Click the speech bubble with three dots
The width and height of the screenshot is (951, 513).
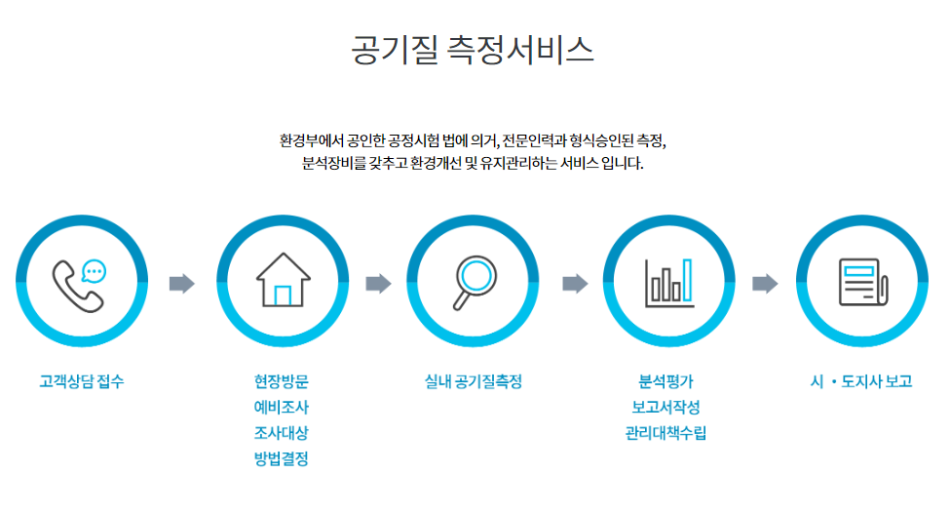(95, 270)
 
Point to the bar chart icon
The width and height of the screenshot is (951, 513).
(668, 282)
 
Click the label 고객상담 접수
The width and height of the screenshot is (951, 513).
(82, 382)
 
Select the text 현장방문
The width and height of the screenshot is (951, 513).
(281, 382)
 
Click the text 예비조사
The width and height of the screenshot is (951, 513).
(281, 408)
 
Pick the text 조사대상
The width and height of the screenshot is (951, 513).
(281, 433)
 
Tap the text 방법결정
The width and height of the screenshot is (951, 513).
(281, 458)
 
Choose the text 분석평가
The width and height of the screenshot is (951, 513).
(666, 382)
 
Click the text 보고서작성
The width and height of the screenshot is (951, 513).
(666, 408)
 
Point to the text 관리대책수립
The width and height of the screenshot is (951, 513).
(666, 433)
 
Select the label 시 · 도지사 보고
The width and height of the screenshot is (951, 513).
(861, 382)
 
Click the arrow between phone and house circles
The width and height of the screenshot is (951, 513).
(181, 284)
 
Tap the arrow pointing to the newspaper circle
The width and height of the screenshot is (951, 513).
(766, 284)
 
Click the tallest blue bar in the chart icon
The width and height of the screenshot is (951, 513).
(687, 280)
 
